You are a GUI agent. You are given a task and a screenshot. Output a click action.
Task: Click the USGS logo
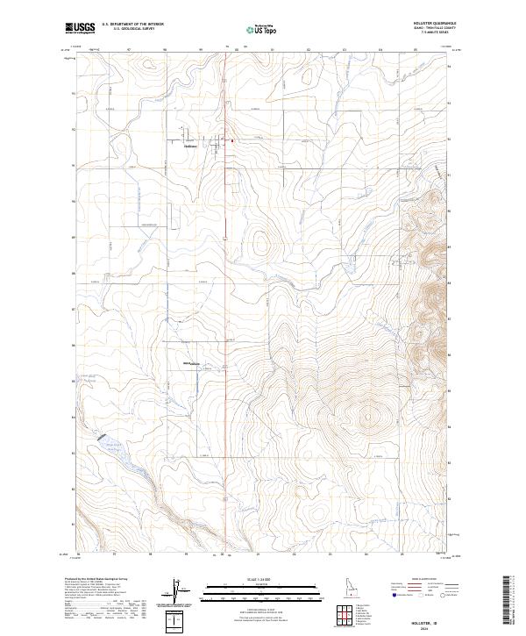click(80, 28)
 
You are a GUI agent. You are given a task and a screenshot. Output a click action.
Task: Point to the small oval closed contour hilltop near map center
click(259, 240)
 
